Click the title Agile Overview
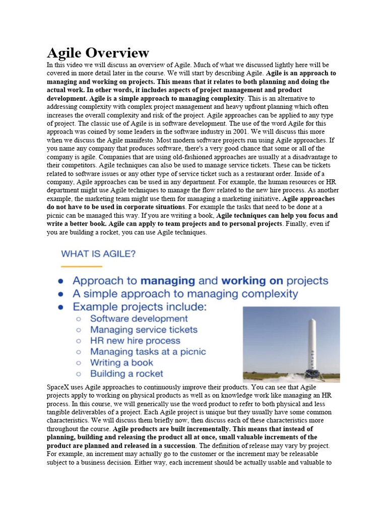98,52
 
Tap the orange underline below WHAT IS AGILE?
82,266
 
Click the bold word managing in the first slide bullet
168,281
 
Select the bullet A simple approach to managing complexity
185,293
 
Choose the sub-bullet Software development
139,318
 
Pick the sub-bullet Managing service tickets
144,330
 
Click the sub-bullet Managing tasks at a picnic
148,352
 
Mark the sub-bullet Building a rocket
126,374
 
